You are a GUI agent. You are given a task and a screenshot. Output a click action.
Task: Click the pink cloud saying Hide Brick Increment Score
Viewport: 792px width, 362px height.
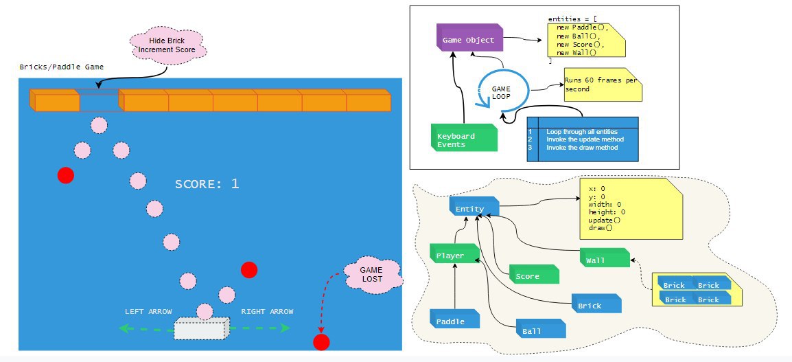(168, 45)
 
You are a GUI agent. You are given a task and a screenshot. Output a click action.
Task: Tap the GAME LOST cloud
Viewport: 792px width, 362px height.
(371, 275)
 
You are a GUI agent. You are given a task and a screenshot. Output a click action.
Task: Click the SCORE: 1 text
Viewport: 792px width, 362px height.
(207, 184)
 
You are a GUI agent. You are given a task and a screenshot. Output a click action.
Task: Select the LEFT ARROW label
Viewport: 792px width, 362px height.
(148, 311)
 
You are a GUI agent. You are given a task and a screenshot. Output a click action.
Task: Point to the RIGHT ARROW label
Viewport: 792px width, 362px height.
(267, 311)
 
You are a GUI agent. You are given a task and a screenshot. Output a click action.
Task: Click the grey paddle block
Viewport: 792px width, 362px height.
(200, 328)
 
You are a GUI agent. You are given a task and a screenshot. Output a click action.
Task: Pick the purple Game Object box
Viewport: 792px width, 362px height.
(469, 40)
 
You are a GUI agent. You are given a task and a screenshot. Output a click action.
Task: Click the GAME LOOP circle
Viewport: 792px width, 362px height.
(502, 93)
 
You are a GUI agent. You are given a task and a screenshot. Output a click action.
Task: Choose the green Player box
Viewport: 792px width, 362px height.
(452, 256)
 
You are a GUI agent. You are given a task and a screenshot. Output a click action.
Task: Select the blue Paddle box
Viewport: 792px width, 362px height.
(452, 321)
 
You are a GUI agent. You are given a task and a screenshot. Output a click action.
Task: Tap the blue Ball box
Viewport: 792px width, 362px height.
(539, 330)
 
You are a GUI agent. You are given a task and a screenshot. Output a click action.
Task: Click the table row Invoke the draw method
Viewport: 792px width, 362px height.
(581, 148)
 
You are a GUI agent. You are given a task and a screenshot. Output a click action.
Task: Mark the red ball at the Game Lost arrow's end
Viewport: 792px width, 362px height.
(321, 341)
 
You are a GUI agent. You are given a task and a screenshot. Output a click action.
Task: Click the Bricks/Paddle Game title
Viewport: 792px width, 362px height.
(62, 67)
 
